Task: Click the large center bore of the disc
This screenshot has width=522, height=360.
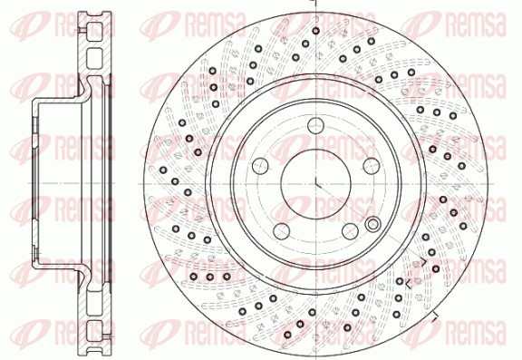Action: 315,183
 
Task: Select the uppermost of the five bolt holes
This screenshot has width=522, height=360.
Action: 315,125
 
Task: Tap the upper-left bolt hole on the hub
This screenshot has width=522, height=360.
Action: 260,166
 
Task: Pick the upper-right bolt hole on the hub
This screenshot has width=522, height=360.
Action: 372,166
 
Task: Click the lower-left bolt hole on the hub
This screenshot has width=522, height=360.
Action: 282,231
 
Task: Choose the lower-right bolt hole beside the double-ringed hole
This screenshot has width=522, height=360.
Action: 350,231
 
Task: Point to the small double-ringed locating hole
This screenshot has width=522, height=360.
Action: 372,224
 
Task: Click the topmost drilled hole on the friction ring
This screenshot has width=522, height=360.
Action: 316,31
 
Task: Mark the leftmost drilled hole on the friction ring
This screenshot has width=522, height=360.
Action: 163,170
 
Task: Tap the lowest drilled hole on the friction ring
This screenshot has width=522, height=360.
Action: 288,335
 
